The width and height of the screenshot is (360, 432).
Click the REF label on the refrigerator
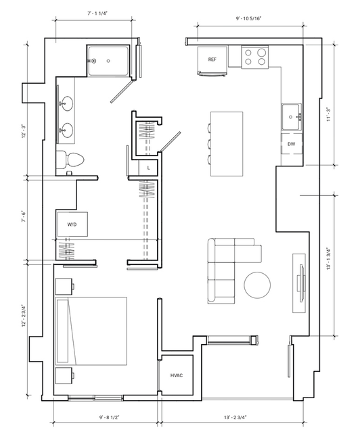212,59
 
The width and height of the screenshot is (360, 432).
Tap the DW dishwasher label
291,144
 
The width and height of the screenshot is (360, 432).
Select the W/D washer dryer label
72,224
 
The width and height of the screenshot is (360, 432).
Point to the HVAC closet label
177,375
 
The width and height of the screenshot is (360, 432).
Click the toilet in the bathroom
70,160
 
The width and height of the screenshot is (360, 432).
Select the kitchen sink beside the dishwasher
291,117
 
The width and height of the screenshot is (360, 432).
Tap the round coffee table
257,285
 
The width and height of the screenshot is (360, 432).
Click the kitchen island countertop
227,143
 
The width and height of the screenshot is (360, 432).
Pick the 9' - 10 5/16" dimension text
248,19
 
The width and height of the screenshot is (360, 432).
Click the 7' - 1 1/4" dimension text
97,14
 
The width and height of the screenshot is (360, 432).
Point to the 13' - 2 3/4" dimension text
235,417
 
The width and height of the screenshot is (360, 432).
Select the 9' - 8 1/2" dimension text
109,417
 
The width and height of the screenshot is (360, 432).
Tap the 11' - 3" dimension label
329,115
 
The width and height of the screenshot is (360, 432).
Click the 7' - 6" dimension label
24,217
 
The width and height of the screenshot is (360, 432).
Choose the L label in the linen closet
148,168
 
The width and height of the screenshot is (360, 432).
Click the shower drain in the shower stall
108,61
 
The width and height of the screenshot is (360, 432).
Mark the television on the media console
301,283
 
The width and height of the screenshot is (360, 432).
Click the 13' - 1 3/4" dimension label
329,259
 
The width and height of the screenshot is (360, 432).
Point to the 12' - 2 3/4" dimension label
24,316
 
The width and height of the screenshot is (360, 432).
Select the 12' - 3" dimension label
24,132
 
